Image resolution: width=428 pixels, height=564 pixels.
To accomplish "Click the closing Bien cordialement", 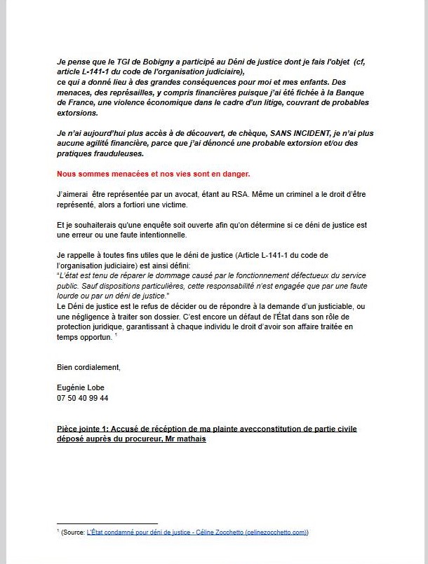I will pyautogui.click(x=88, y=366).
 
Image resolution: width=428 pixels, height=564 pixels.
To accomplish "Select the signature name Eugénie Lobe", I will pyautogui.click(x=82, y=387).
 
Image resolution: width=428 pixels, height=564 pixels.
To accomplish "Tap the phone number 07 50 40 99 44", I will pyautogui.click(x=83, y=397).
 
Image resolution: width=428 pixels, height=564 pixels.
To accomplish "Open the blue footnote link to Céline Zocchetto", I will pyautogui.click(x=197, y=532).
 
